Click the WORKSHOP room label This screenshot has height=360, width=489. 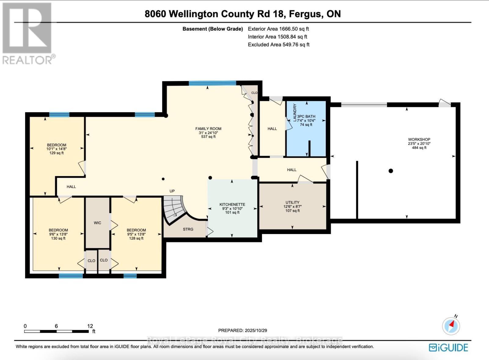[419, 139]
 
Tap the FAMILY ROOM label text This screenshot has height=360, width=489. [208, 129]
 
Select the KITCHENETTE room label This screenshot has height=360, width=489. [232, 204]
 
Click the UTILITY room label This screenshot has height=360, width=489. [292, 202]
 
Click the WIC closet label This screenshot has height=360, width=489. [97, 223]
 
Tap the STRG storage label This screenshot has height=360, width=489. [188, 229]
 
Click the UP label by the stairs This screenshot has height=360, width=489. [172, 191]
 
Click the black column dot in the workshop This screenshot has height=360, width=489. [391, 171]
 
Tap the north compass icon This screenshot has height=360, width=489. [451, 326]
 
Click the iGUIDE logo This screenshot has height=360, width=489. [448, 347]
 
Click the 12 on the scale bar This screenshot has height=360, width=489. [90, 326]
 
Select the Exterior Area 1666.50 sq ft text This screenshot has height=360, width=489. [278, 29]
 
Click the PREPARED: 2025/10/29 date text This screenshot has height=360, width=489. [242, 330]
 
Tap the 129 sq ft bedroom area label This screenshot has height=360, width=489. [57, 153]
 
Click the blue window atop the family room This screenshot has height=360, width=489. [212, 83]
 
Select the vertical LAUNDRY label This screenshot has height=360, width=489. [295, 112]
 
